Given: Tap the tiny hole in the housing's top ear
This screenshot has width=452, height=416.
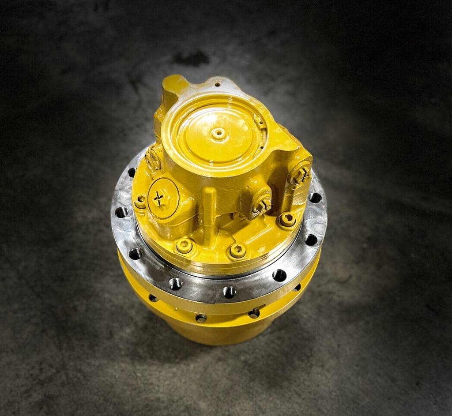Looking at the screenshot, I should tap(217, 84).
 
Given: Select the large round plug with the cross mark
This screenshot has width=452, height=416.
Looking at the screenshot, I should tap(163, 198).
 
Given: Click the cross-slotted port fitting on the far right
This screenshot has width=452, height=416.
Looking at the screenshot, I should tap(301, 173).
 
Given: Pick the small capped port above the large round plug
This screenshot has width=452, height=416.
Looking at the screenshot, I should tap(153, 160).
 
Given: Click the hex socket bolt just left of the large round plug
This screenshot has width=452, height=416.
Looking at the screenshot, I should tap(140, 202).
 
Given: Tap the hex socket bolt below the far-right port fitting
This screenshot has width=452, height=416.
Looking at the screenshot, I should tap(287, 219).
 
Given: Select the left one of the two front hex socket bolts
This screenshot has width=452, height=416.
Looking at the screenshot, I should tap(185, 246).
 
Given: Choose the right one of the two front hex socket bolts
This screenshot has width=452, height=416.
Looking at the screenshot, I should tap(237, 251).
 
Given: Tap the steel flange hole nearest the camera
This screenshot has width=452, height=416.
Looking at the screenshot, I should tap(229, 292).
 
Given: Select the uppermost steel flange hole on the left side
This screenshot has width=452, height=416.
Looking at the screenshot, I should tap(132, 172).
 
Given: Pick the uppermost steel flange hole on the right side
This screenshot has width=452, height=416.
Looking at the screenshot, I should tap(315, 197).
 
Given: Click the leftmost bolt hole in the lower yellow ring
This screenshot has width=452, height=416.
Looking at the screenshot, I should tap(153, 298).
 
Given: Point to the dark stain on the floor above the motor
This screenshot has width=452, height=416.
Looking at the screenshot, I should tap(191, 58).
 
